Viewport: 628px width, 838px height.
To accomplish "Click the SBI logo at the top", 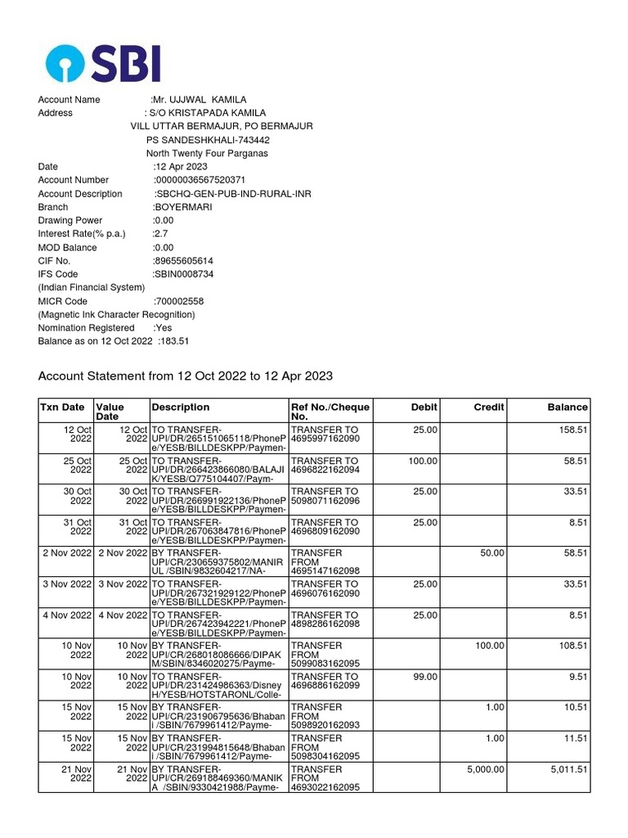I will click(103, 63).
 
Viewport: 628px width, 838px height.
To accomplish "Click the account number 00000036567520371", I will click(200, 180).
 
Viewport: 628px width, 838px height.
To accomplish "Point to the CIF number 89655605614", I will click(183, 261).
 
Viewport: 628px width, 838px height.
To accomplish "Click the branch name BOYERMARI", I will click(182, 207).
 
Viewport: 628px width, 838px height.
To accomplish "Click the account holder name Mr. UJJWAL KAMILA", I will click(194, 100).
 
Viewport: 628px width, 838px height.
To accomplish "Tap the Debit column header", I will click(424, 407).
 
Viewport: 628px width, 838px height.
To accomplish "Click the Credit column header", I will click(489, 407).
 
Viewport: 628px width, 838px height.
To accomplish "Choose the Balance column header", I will click(567, 407).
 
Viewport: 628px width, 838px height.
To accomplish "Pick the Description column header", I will click(181, 407).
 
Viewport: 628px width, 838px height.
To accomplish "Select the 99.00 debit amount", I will click(425, 677).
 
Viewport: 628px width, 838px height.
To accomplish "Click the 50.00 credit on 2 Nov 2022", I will click(492, 553).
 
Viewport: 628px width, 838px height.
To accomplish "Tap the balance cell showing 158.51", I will click(571, 429).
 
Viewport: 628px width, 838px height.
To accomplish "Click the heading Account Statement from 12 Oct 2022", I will click(186, 376).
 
